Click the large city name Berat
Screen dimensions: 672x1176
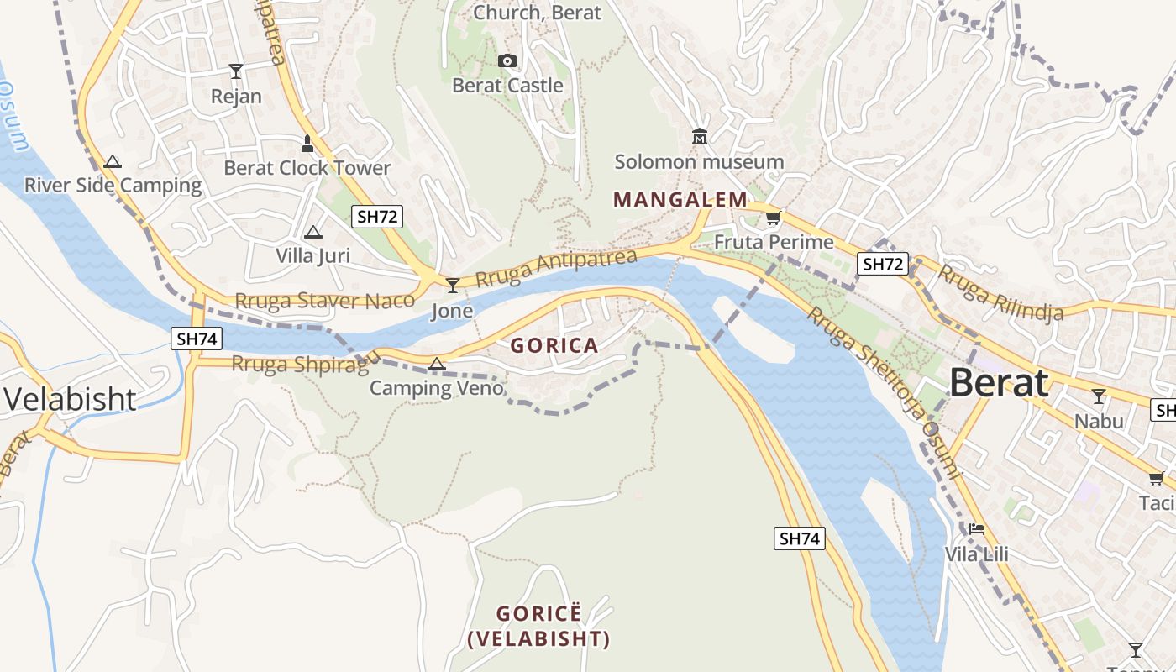(x=999, y=383)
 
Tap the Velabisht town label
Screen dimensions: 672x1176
(x=71, y=399)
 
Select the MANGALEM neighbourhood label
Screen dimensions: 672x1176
(x=680, y=200)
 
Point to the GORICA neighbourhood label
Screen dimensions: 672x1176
(x=554, y=345)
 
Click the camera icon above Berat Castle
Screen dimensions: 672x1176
(x=507, y=60)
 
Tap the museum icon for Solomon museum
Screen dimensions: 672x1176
(x=699, y=136)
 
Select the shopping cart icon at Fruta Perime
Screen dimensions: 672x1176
(x=773, y=218)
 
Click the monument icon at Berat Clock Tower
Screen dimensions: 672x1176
(x=307, y=144)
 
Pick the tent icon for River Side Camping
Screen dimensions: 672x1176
(x=113, y=161)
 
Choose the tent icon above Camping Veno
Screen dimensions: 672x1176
(x=436, y=364)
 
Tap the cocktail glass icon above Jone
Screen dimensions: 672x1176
(x=453, y=286)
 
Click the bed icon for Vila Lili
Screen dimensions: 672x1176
(x=976, y=529)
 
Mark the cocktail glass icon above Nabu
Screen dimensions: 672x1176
(x=1098, y=396)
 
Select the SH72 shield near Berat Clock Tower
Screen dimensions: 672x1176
(x=376, y=217)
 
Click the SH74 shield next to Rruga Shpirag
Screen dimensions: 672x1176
(x=197, y=339)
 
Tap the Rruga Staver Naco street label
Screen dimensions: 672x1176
(x=324, y=301)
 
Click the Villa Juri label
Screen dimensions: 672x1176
(x=313, y=255)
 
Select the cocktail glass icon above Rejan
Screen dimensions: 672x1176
(x=236, y=71)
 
